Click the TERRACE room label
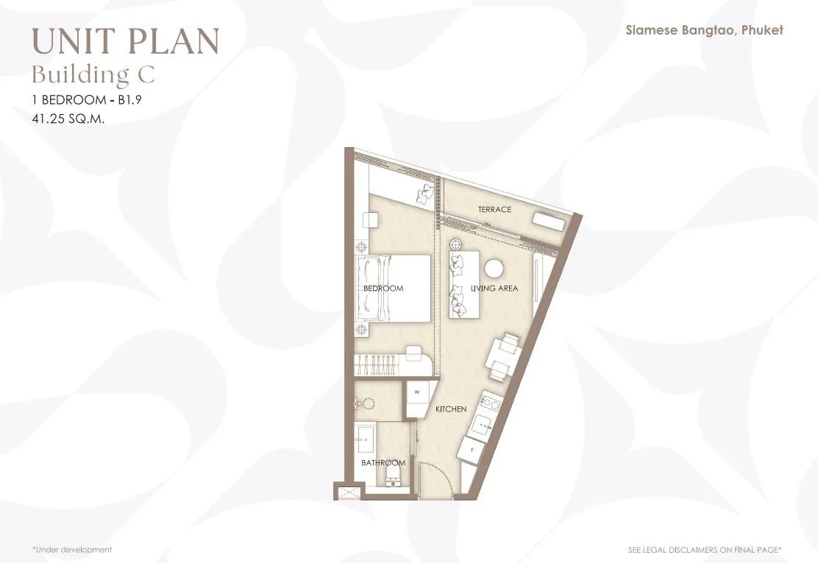(494, 209)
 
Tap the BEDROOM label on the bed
(383, 288)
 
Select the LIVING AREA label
(494, 288)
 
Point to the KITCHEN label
(451, 409)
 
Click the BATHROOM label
(383, 463)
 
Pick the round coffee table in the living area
(494, 269)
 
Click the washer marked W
(421, 399)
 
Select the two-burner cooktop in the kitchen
(490, 402)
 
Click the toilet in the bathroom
(392, 475)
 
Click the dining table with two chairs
(500, 358)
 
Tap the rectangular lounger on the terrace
(548, 222)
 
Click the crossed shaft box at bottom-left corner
(348, 492)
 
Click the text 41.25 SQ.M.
(68, 118)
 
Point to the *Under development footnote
(72, 550)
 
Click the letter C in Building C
(146, 74)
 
